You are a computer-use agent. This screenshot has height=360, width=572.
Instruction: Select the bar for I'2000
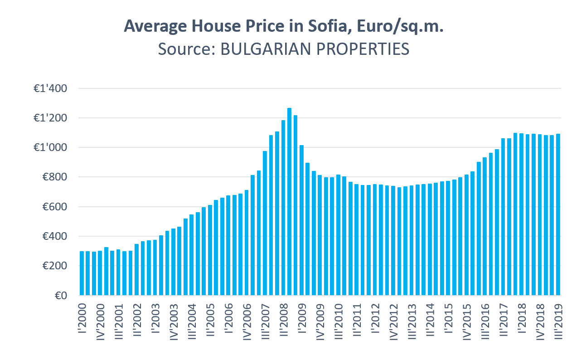(x=82, y=272)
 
